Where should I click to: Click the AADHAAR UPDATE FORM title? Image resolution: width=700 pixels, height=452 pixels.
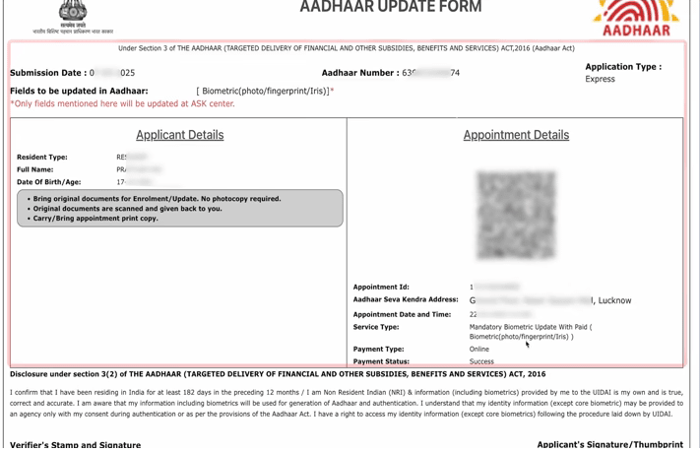[391, 8]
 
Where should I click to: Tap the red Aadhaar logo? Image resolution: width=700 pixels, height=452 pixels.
[635, 18]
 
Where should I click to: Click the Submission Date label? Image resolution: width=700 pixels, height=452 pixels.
[47, 73]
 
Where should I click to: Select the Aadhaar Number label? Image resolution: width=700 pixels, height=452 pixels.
[359, 73]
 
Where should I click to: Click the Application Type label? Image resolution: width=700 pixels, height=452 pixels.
[623, 67]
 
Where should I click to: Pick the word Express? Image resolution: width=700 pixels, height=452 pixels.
[600, 79]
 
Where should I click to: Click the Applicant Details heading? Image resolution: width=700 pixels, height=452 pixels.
[179, 135]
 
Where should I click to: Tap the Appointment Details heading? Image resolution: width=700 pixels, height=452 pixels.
[516, 135]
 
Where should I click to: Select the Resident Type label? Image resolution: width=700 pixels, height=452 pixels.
[42, 158]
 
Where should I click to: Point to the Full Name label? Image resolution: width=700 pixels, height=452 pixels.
[35, 169]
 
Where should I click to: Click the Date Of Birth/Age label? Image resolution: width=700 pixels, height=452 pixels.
[49, 182]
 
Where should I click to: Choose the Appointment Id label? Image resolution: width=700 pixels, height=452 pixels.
[381, 288]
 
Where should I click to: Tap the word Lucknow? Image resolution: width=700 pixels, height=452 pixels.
[613, 300]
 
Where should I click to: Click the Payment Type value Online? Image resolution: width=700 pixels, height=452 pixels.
[479, 349]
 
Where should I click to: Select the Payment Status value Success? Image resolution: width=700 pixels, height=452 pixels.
[481, 361]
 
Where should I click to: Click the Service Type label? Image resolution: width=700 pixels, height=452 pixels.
[376, 327]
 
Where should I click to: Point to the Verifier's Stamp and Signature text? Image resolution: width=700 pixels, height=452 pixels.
[75, 445]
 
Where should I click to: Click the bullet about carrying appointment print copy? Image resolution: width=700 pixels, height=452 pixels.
[95, 219]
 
